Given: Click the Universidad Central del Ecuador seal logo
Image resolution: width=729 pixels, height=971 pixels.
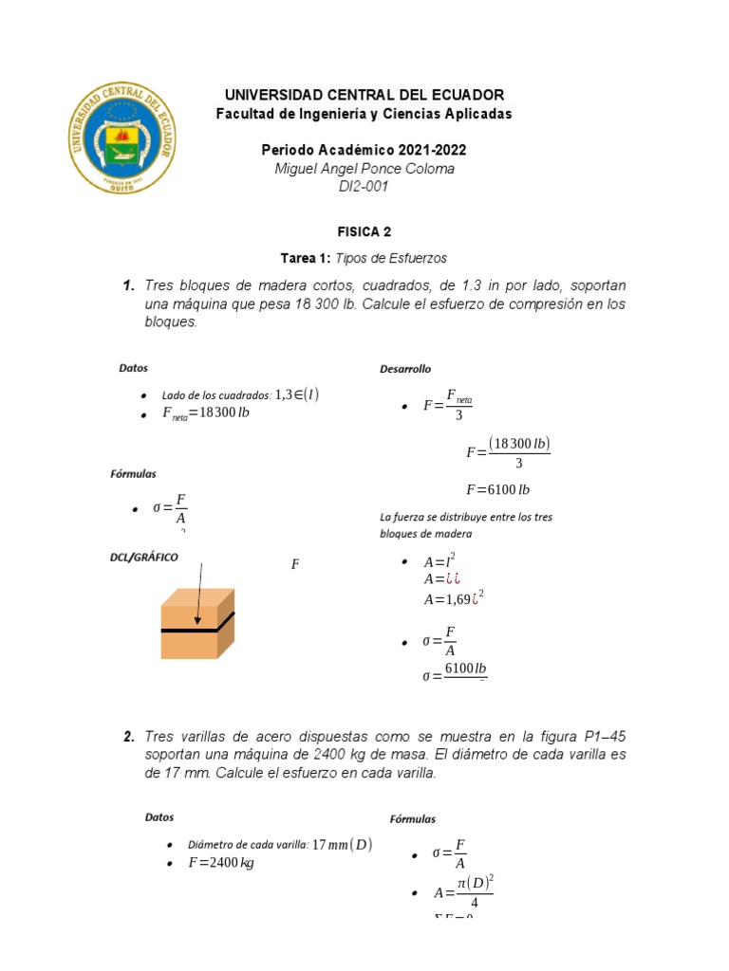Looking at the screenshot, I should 121,137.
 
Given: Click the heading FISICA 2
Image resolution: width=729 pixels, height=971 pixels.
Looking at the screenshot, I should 364,231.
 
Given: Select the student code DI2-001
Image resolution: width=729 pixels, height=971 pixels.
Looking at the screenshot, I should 364,187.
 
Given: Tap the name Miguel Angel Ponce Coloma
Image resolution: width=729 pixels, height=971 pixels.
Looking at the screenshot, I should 364,169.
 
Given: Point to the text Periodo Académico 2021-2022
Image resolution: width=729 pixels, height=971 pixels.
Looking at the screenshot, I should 364,150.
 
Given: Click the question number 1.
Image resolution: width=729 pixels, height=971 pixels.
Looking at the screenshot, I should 128,285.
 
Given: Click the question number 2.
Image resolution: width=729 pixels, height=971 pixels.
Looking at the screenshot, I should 128,737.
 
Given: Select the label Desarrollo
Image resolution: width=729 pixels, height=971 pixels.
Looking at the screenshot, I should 405,369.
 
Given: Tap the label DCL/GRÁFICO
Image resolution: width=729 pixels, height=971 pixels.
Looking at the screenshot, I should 143,558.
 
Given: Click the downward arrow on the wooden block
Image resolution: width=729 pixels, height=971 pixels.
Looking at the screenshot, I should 199,594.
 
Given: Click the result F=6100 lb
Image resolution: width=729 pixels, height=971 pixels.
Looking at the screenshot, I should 497,490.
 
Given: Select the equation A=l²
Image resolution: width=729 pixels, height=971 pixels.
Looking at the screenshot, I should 439,561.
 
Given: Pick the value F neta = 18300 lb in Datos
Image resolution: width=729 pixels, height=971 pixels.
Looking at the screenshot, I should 205,413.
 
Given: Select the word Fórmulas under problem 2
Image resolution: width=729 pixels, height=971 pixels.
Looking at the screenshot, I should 413,819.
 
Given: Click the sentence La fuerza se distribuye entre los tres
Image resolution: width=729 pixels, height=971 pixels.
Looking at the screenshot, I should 465,517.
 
